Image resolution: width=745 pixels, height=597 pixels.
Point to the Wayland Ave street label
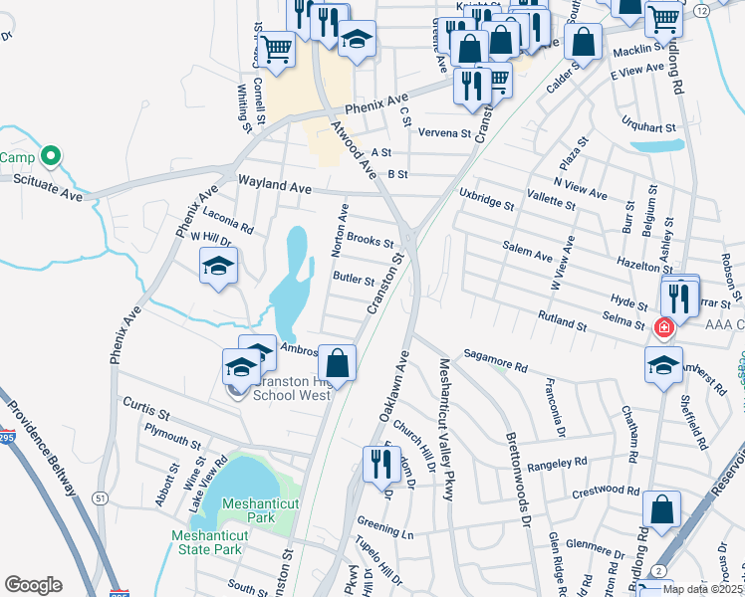click(275, 185)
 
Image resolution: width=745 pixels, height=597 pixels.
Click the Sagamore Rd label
click(495, 360)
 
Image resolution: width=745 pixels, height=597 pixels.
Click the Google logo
click(33, 584)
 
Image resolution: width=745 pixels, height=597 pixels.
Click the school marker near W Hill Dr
click(218, 266)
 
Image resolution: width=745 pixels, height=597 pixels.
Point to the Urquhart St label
click(656, 127)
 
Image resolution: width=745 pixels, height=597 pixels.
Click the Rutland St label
click(562, 323)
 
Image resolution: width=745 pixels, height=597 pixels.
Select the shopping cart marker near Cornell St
click(276, 48)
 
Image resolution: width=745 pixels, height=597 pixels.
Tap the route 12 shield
click(701, 9)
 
